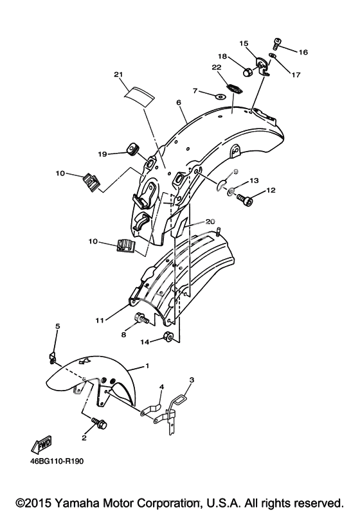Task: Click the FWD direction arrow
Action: tap(41, 444)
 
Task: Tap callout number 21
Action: tap(118, 75)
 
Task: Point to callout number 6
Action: tap(178, 103)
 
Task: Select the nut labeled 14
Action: tap(168, 336)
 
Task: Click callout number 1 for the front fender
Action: tap(147, 366)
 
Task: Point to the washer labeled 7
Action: tap(221, 96)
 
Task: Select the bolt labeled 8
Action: tap(141, 319)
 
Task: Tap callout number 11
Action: tap(100, 321)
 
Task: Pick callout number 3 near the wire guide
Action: tap(192, 380)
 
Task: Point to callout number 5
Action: tap(57, 326)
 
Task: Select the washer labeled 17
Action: tap(273, 56)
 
